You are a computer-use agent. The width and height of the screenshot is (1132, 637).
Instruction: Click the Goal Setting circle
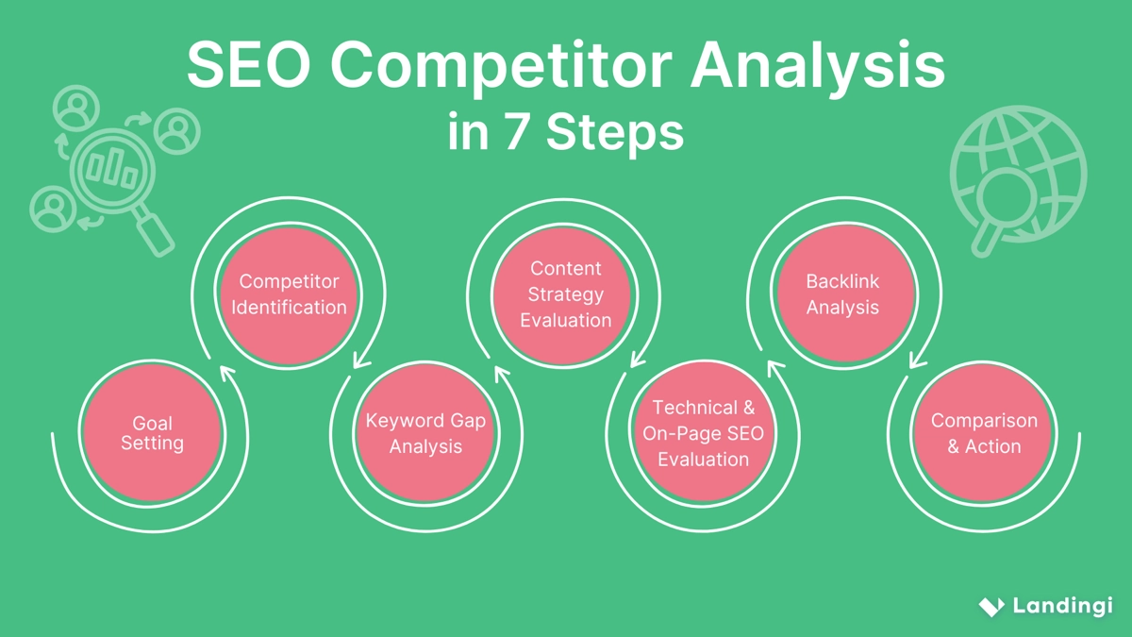pyautogui.click(x=152, y=433)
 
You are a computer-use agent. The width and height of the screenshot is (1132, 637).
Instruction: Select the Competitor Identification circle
pyautogui.click(x=289, y=294)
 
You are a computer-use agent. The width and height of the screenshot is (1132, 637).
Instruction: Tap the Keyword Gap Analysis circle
pyautogui.click(x=425, y=433)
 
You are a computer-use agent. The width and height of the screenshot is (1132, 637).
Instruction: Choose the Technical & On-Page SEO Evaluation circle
pyautogui.click(x=703, y=433)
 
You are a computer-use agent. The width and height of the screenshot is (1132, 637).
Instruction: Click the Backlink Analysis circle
pyautogui.click(x=842, y=294)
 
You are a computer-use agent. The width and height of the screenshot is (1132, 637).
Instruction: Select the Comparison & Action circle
pyautogui.click(x=984, y=433)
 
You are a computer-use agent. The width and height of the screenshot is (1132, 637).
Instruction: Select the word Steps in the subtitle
pyautogui.click(x=615, y=133)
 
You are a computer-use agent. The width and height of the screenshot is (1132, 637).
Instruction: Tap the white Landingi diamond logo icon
pyautogui.click(x=990, y=606)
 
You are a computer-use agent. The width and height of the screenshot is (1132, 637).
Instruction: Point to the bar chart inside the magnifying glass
pyautogui.click(x=111, y=169)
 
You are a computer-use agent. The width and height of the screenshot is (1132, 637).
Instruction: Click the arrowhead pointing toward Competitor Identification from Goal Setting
pyautogui.click(x=226, y=372)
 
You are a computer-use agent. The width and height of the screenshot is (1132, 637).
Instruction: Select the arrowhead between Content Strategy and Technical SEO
pyautogui.click(x=637, y=358)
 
